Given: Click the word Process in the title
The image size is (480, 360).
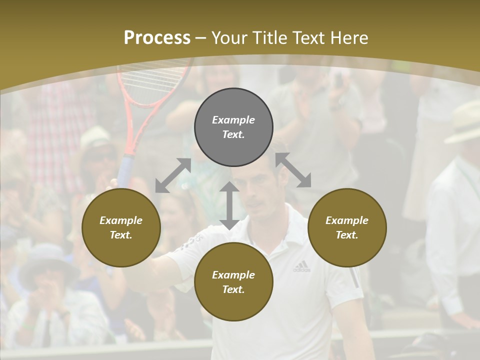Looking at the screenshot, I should (157, 38).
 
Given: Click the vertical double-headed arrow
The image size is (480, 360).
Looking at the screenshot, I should (229, 205).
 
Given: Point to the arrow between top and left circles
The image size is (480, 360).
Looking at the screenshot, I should (173, 175).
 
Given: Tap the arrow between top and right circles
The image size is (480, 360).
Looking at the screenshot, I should (293, 170).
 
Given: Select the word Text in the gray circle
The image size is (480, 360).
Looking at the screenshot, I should (233, 134).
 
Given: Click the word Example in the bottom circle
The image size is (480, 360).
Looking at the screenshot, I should (233, 274).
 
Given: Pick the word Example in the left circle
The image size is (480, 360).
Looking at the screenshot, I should (121, 220).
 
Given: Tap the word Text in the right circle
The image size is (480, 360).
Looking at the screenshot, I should (347, 235).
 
